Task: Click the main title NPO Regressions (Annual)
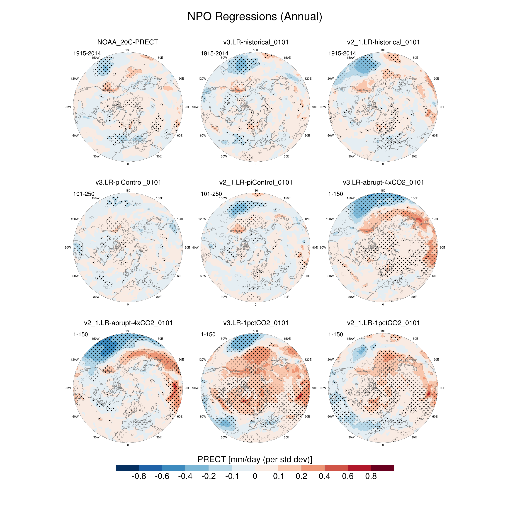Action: (x=255, y=16)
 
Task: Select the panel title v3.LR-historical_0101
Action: (x=255, y=42)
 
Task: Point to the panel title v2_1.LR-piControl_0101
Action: (x=255, y=182)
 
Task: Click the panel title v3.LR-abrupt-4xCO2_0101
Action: (x=383, y=182)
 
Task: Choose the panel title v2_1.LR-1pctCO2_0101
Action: (x=383, y=323)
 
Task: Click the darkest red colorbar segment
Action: (x=383, y=468)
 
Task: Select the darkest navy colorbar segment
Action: (x=127, y=468)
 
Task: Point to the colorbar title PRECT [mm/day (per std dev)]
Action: (x=255, y=459)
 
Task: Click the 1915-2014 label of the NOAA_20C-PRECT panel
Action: (x=87, y=53)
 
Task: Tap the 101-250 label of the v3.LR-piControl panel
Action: (x=84, y=194)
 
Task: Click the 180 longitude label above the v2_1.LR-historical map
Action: (x=383, y=50)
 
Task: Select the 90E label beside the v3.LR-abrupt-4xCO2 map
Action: (x=442, y=248)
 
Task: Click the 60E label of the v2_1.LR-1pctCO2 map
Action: (x=435, y=417)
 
